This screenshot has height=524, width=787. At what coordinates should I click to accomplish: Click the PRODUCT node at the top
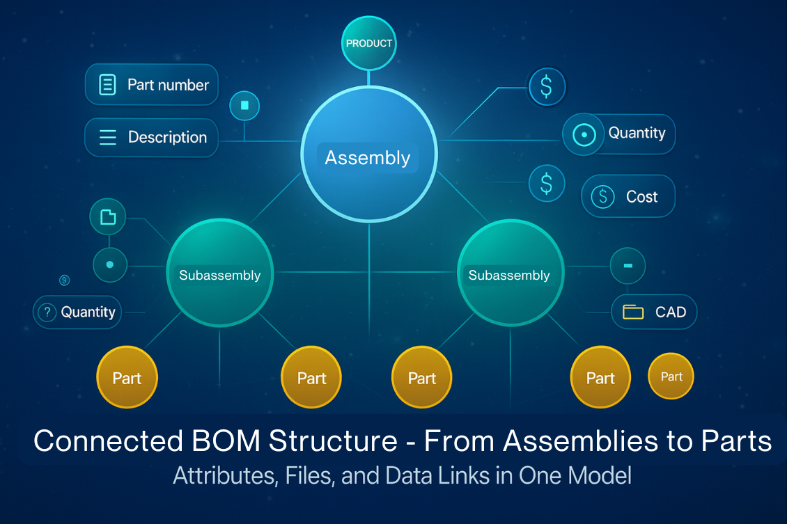tap(369, 43)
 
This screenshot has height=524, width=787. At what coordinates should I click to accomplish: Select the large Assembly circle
tap(368, 154)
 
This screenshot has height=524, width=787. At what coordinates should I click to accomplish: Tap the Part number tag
tap(152, 85)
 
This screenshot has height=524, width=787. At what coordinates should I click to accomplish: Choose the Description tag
tap(151, 137)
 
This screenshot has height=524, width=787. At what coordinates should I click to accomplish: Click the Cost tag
tap(628, 196)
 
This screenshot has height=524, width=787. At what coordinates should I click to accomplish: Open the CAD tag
tap(654, 312)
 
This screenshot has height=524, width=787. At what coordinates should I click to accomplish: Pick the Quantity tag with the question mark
tap(77, 312)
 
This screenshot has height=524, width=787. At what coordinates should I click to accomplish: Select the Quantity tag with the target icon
tap(618, 134)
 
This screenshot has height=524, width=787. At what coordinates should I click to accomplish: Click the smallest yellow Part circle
tap(671, 376)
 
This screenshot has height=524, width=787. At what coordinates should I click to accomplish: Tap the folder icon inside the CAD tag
tap(633, 312)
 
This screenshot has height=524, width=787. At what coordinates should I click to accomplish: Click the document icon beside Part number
tap(108, 85)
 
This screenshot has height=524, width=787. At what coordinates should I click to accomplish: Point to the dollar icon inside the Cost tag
tap(602, 197)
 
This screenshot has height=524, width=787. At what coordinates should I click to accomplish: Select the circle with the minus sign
tap(628, 266)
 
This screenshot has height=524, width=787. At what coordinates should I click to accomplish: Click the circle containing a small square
tap(244, 106)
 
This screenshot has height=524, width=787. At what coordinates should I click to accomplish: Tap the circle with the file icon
tap(108, 217)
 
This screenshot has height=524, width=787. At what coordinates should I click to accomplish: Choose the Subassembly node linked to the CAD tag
tap(509, 275)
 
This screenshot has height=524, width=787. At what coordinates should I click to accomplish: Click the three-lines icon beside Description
tap(108, 137)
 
